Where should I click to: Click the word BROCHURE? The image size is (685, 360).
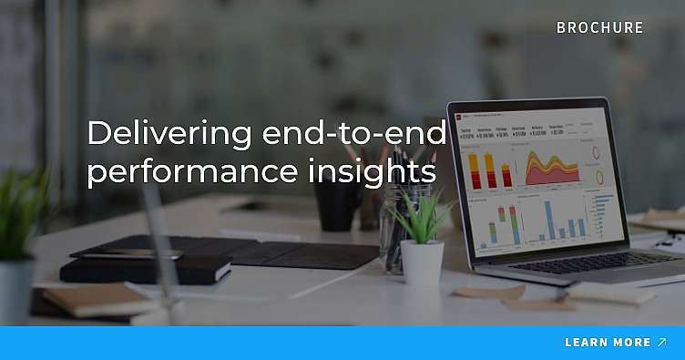[599, 27]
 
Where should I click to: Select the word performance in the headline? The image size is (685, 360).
[180, 170]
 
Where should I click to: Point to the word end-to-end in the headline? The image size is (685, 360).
[353, 134]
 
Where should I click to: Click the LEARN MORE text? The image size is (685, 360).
[607, 343]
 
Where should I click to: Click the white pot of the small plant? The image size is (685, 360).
[422, 262]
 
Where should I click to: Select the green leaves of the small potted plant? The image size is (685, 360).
[421, 219]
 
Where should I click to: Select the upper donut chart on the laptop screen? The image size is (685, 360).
[598, 152]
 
